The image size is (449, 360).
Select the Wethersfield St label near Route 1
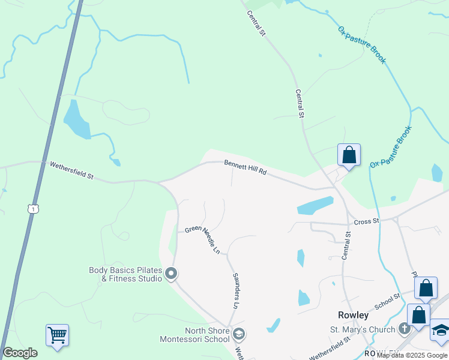click(71, 170)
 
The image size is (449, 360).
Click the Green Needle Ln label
click(203, 238)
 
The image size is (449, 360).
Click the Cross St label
click(367, 221)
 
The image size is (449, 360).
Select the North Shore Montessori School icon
click(239, 334)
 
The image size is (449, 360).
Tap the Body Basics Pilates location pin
click(171, 274)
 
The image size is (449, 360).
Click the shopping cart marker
click(57, 334)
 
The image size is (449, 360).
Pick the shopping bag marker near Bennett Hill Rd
click(349, 155)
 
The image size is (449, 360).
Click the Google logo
click(20, 353)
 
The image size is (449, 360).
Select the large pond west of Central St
click(315, 205)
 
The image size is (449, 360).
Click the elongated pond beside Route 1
click(77, 119)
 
